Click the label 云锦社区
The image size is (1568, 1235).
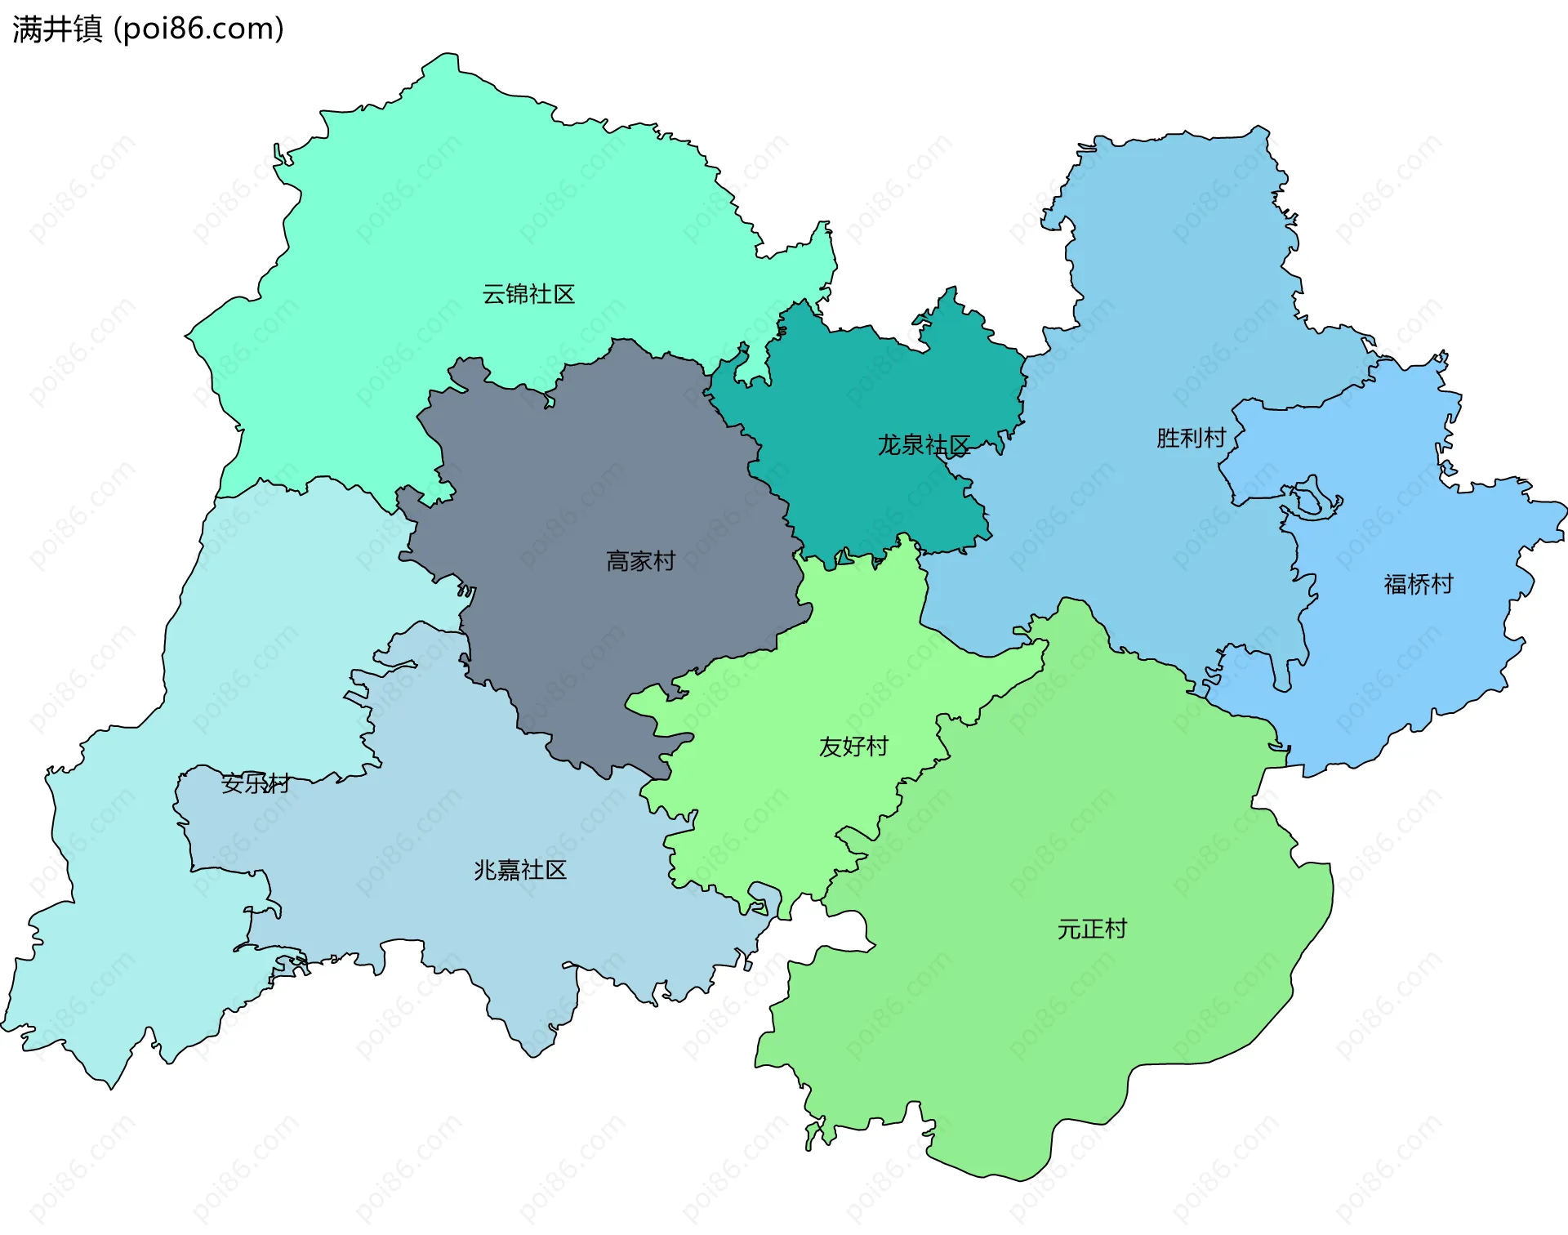528,294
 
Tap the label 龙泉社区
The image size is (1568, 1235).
924,445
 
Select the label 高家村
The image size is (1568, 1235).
641,561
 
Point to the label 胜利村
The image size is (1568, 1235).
1192,438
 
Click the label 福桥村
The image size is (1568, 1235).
1419,584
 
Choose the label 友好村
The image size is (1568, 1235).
853,747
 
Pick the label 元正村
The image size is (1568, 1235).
1092,929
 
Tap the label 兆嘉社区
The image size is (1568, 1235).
520,870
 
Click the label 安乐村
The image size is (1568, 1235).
256,783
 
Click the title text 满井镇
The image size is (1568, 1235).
57,29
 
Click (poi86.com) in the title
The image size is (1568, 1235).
198,29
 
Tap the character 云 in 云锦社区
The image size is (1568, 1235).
493,294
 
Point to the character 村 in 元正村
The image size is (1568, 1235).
1116,929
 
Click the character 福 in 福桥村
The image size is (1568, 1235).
1395,584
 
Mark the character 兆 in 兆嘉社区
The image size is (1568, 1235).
485,870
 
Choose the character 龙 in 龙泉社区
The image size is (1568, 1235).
889,445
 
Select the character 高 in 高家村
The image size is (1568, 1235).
617,561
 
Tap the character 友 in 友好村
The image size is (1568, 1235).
830,747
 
